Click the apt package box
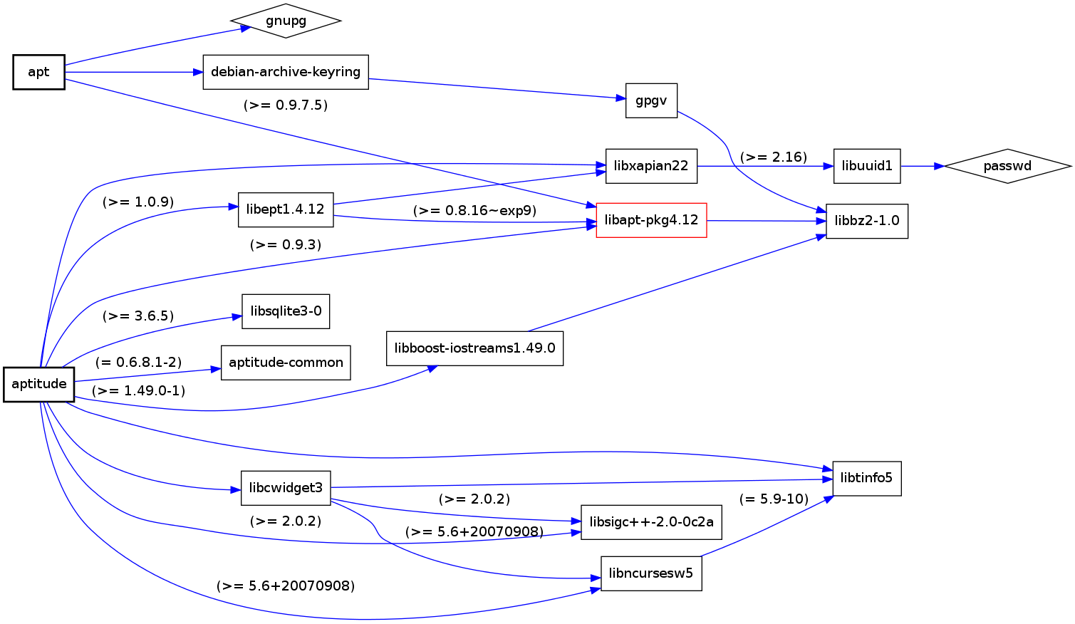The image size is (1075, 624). point(38,72)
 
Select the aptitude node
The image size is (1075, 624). point(39,384)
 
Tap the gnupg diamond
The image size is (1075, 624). point(286,21)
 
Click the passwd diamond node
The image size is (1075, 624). point(1007,166)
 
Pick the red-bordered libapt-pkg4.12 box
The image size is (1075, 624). point(651,220)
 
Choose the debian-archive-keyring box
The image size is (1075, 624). point(286,72)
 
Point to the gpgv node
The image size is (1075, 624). point(651,100)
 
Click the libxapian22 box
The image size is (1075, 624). point(651,166)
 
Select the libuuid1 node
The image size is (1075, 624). point(866,166)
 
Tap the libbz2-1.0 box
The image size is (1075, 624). point(866,221)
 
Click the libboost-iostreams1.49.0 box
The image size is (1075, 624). point(474,348)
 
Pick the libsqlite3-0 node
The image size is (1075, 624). point(286,311)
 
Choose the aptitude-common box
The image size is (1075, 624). point(286,363)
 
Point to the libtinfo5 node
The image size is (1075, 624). point(866,478)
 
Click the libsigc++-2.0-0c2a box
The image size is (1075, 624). point(651,522)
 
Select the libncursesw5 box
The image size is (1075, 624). point(651,573)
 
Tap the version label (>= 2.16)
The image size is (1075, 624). point(773,157)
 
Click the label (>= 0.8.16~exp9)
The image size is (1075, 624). point(474,211)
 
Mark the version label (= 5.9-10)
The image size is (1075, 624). point(774,499)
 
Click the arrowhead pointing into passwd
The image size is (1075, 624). point(939,166)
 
